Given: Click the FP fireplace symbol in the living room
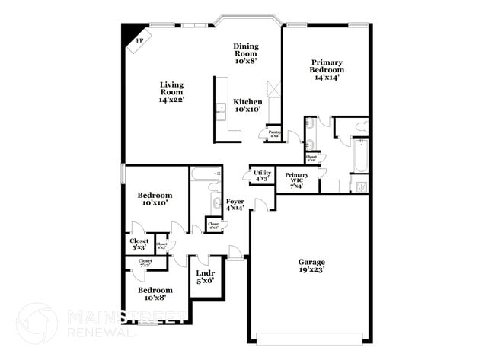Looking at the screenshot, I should (139, 41).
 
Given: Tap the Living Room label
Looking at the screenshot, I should (171, 91).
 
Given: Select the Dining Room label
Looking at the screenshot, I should (245, 49).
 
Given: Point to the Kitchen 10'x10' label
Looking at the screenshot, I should (247, 106).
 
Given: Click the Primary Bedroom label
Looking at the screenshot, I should (326, 69).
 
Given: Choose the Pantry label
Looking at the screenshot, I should (274, 134).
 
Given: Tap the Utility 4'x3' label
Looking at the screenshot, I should (262, 176).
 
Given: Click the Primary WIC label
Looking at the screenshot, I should (297, 179).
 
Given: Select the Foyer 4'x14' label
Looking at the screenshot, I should (235, 204).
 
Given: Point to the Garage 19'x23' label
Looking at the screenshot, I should (310, 265).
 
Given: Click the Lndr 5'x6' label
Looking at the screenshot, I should (204, 276).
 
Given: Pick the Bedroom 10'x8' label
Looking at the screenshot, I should (155, 294).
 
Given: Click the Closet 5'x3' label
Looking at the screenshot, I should (139, 244).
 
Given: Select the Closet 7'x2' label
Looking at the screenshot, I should (145, 263).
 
